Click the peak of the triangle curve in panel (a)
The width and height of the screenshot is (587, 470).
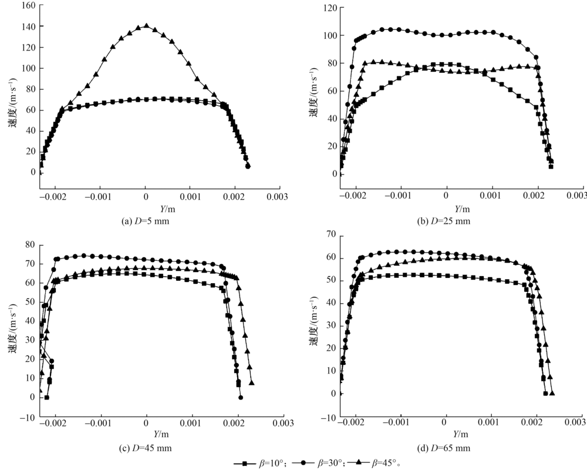pos(146,26)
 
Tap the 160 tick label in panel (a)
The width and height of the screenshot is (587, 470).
pos(26,6)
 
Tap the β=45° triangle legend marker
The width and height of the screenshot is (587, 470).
pos(360,463)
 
